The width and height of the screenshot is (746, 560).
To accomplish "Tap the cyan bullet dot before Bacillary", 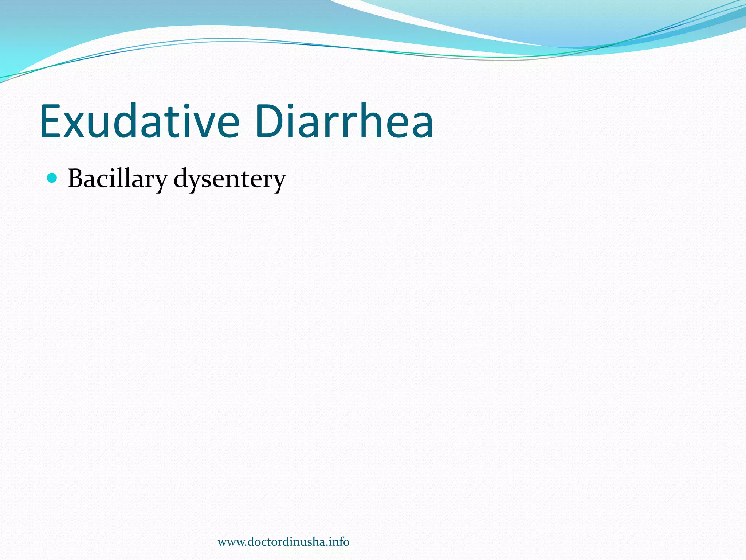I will click(52, 178).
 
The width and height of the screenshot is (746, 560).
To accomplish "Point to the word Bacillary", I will click(117, 179).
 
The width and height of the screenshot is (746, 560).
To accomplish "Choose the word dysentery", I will click(229, 180).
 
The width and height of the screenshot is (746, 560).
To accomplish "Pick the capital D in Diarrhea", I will click(269, 121).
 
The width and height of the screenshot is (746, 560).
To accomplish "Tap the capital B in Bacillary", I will click(77, 179).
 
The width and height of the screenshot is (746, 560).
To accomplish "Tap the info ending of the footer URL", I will click(339, 542).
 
